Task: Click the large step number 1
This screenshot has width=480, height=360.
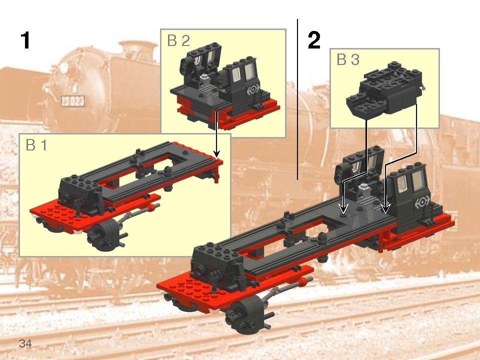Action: click(x=25, y=40)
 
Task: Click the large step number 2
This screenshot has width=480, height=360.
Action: click(x=314, y=40)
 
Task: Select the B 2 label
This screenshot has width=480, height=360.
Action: click(x=178, y=41)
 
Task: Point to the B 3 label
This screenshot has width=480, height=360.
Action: click(x=348, y=60)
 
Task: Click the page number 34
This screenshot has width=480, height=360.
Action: click(x=25, y=343)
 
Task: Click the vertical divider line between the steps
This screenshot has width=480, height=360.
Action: click(x=297, y=100)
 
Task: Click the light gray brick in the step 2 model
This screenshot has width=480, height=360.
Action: click(x=366, y=187)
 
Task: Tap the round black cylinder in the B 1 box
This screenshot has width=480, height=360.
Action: click(x=103, y=233)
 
